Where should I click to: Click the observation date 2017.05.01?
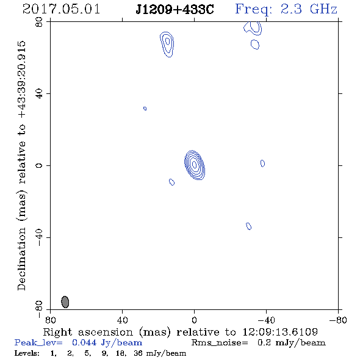point(61,9)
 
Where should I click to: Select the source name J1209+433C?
point(175,9)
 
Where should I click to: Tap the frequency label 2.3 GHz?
point(309,9)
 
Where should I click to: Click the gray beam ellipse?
point(65,302)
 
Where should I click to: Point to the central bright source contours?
point(195,165)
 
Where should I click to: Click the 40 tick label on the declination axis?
point(39,94)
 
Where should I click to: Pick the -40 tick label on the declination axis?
point(39,237)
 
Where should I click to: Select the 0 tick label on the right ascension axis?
point(194,320)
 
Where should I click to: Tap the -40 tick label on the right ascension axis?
point(266,320)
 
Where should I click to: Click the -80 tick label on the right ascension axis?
point(338,320)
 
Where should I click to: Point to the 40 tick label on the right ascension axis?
point(122,320)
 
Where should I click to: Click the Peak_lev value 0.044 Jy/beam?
point(107,343)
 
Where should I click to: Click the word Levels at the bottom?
point(27,353)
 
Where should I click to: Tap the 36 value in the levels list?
point(138,353)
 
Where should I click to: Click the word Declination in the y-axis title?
point(21,259)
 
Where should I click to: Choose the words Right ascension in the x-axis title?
point(88,332)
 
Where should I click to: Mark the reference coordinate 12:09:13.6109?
point(280,332)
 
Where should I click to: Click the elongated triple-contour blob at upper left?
point(167,45)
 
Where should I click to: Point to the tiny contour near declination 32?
point(145,109)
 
